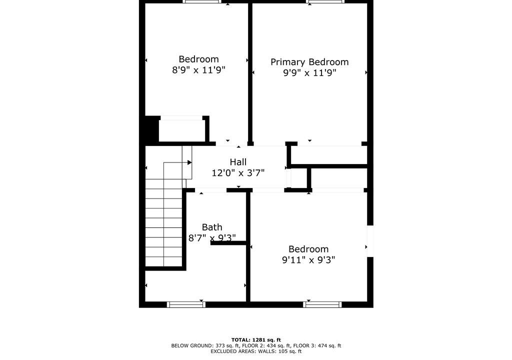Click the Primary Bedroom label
pyautogui.click(x=309, y=62)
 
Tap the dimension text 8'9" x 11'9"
pyautogui.click(x=198, y=70)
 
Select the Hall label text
pyautogui.click(x=238, y=162)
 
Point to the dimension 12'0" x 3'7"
pyautogui.click(x=238, y=173)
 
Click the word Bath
pyautogui.click(x=212, y=227)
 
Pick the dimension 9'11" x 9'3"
pyautogui.click(x=308, y=260)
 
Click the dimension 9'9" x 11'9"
pyautogui.click(x=309, y=72)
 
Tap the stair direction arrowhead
pyautogui.click(x=189, y=162)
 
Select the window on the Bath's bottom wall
pyautogui.click(x=186, y=304)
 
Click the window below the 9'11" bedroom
pyautogui.click(x=322, y=304)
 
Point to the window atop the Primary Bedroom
pyautogui.click(x=325, y=1)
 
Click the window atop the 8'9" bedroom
pyautogui.click(x=202, y=1)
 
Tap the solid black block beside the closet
pyautogui.click(x=152, y=129)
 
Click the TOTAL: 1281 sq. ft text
pyautogui.click(x=256, y=339)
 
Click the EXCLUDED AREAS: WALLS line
pyautogui.click(x=256, y=351)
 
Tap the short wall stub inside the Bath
pyautogui.click(x=228, y=242)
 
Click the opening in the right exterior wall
pyautogui.click(x=370, y=241)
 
